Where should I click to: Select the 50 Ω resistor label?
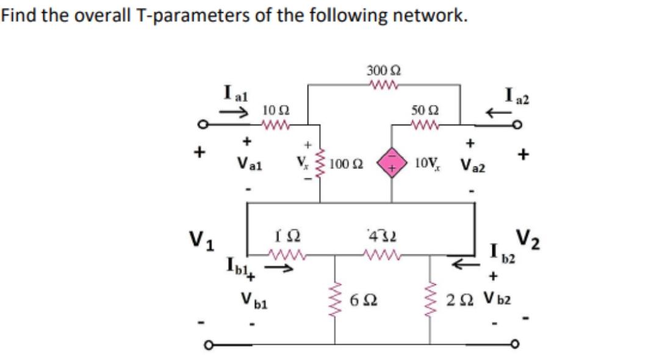(422, 110)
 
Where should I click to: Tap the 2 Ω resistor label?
(459, 300)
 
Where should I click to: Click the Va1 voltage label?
(249, 165)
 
